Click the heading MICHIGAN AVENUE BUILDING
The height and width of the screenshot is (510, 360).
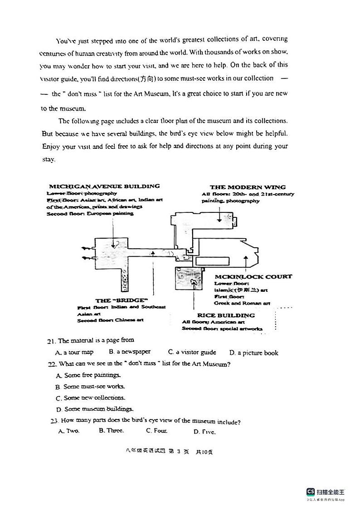[104, 186]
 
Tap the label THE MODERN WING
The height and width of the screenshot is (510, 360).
[248, 187]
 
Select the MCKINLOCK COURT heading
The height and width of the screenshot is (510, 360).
[253, 276]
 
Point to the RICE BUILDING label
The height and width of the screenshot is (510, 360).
[226, 315]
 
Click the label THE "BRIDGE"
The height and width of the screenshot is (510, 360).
[122, 300]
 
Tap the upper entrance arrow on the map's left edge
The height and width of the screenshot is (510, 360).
[86, 248]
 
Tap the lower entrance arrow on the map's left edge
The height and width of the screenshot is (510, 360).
[86, 258]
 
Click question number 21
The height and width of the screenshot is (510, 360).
[51, 341]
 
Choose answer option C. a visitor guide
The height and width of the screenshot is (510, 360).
[192, 352]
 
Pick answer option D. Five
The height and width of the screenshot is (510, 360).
[204, 432]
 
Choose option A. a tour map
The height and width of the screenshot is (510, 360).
[74, 352]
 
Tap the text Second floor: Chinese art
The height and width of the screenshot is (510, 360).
[110, 320]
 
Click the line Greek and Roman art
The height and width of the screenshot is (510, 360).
[242, 303]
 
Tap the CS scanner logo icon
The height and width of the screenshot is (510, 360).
[311, 492]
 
